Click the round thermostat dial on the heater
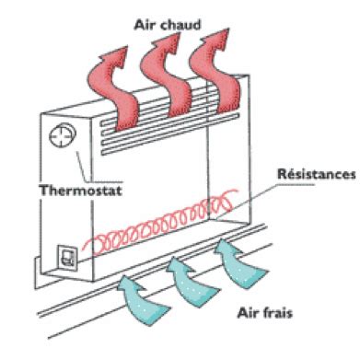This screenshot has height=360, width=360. pos(58,138)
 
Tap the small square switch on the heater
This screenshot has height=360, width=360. pos(66,255)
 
